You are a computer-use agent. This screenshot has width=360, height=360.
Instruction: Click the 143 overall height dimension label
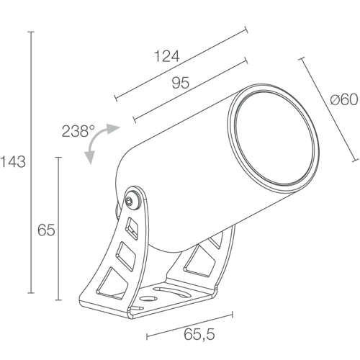pos(13,161)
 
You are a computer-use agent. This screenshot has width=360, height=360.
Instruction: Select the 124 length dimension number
pos(166,56)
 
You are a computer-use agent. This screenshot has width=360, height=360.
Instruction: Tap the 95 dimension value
pos(181,83)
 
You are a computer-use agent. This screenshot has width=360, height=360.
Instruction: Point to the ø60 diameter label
pos(344,99)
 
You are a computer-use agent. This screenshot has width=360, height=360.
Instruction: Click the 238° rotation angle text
pos(78,131)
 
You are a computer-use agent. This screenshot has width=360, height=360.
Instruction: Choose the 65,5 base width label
pos(199,334)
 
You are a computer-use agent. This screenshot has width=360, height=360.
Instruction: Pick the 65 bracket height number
pos(46,230)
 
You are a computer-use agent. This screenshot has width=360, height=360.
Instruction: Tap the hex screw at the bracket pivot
pos(130,201)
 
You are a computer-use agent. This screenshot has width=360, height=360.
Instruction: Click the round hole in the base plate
pos(148,299)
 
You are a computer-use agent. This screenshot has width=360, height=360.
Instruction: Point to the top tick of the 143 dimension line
pos(31,32)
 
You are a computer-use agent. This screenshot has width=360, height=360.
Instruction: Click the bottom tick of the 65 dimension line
pos(58,300)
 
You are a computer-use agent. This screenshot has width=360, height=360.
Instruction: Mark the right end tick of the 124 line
pos(246,30)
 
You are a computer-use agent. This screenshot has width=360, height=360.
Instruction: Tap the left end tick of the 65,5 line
pos(147,336)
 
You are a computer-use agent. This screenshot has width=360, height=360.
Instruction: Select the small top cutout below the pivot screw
pos(132,228)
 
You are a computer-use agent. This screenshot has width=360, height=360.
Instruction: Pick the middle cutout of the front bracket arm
pos(126,256)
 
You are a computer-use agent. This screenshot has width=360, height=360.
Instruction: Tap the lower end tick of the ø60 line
pos(356,161)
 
